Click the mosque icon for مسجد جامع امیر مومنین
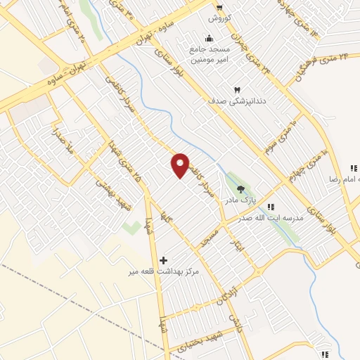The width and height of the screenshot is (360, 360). pos(208,39)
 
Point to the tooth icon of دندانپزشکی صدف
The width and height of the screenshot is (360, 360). pos(236,90)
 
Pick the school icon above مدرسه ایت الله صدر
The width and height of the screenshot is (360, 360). pos(271,206)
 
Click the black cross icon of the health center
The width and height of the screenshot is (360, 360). pos(165,260)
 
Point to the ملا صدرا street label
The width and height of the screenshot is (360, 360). pos(59,139)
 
